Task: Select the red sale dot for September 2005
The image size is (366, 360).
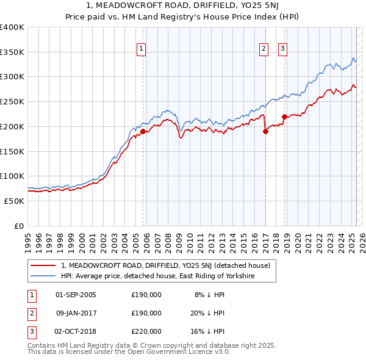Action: point(143,131)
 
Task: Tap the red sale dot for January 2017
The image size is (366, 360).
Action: point(266,131)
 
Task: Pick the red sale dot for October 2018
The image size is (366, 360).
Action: point(284,117)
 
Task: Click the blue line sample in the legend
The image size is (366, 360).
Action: point(43,276)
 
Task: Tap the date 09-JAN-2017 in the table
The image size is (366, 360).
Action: point(76,313)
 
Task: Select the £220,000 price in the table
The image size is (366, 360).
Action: point(146,331)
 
